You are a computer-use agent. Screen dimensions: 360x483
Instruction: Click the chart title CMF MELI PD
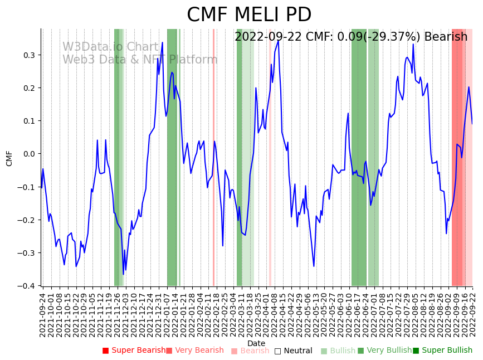[249, 15]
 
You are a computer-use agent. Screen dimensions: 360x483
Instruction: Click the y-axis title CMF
[9, 158]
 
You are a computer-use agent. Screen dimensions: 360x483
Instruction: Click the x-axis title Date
[256, 343]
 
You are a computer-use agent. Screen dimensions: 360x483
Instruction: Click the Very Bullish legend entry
[384, 351]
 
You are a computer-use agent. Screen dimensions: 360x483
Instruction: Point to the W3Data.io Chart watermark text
[111, 47]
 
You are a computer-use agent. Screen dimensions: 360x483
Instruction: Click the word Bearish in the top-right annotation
[446, 37]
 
